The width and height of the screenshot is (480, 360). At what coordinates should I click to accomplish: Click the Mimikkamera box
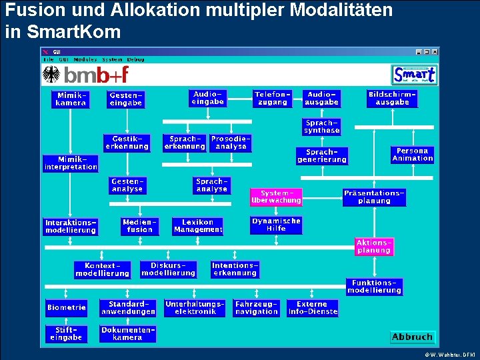point(71,99)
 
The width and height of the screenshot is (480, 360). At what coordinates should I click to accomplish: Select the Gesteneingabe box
point(126,99)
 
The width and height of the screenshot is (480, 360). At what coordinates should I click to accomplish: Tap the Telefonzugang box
point(273,99)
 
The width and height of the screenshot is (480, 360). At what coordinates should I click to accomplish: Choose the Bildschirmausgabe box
point(392,99)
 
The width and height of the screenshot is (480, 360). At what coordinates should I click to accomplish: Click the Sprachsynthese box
point(322,127)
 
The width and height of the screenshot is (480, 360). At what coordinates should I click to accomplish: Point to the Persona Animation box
point(413,155)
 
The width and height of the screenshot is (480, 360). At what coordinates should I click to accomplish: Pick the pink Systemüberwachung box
point(276,197)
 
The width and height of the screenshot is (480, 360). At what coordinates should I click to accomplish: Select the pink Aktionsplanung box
point(374,247)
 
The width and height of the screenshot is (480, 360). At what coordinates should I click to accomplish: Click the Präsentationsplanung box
point(374,197)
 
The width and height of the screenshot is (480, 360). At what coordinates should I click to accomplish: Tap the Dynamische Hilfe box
point(276,225)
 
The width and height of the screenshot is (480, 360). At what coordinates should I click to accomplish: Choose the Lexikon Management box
point(198,226)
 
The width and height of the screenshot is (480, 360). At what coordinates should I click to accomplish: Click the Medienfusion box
point(139,226)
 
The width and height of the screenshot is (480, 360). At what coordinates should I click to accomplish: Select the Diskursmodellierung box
point(169,269)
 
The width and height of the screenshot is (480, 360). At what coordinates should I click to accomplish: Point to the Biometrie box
point(67,307)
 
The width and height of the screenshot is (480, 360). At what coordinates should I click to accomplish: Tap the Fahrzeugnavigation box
point(257,307)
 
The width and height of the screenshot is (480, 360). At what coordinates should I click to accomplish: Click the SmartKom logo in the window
point(414,74)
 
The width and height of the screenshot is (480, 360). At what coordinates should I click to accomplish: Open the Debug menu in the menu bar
point(136,59)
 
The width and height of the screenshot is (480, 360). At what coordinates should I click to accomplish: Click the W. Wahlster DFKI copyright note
point(449,354)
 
